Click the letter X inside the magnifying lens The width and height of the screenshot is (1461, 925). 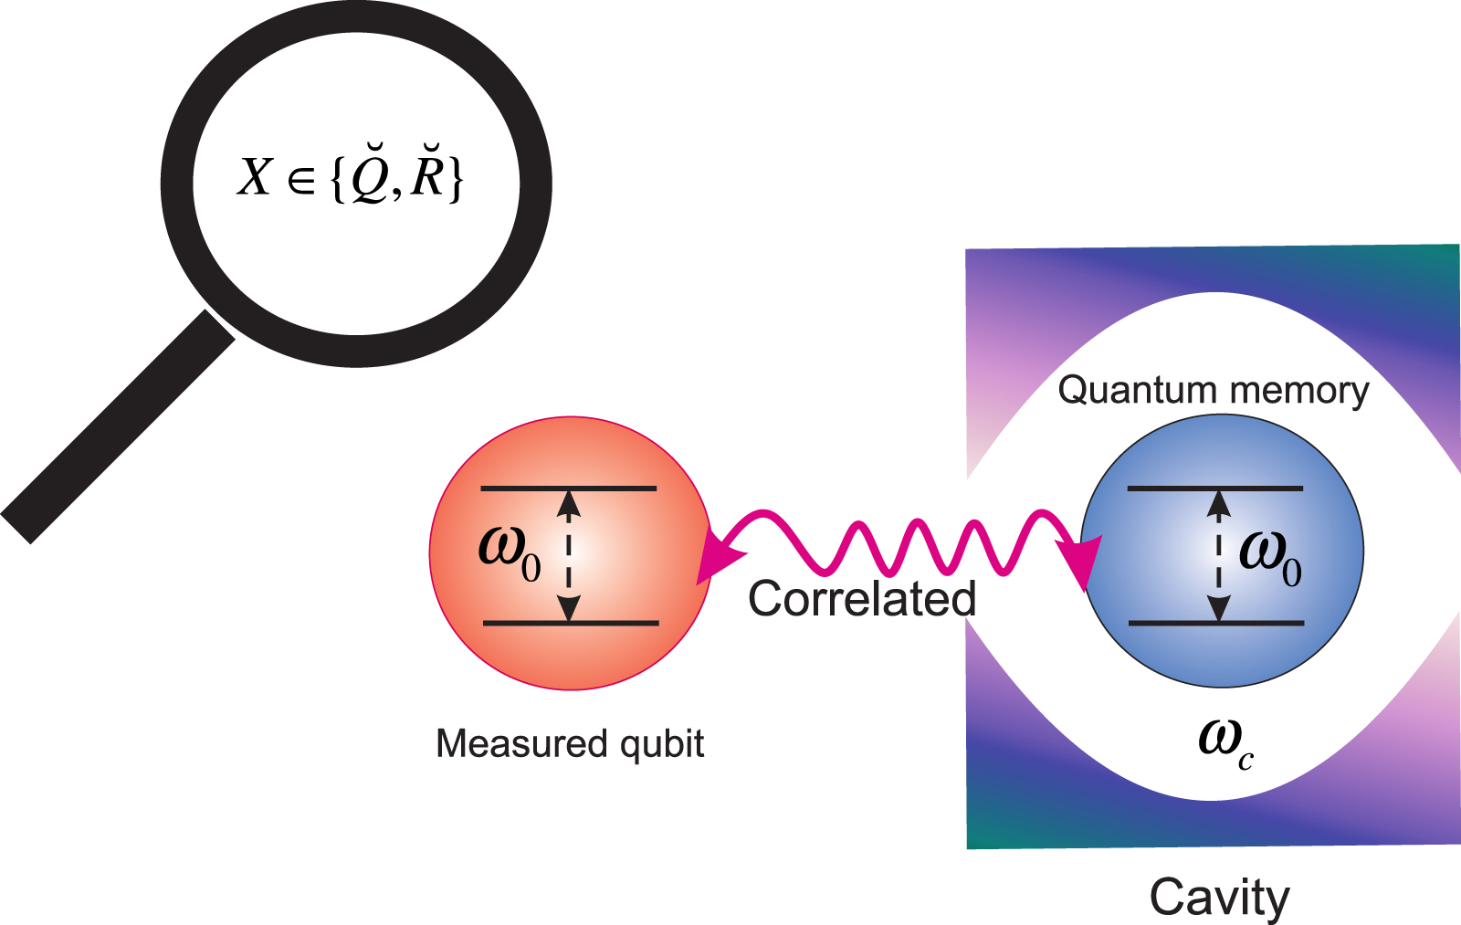pos(255,177)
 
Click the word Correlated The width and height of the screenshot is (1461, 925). pos(862,599)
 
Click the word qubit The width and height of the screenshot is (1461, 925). pos(662,744)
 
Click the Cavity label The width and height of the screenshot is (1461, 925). pos(1219,897)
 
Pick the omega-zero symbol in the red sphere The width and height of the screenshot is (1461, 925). pos(509,551)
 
